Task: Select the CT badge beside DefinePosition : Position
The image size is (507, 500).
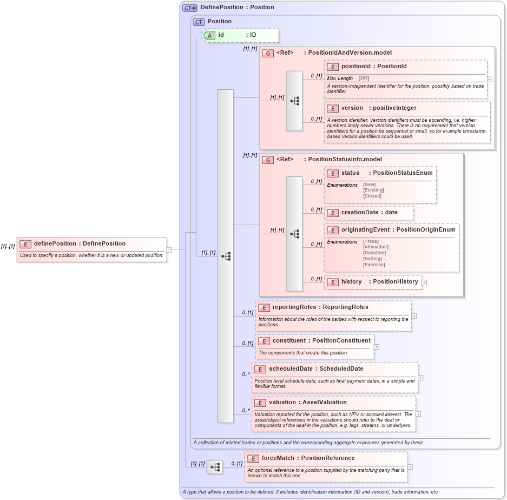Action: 189,8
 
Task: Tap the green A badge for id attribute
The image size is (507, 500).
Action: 209,35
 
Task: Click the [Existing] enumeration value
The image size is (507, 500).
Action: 373,190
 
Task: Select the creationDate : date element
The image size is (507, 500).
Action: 369,212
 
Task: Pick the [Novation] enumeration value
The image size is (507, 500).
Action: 374,253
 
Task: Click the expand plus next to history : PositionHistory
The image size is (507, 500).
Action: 424,282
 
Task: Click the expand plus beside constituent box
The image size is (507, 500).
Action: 377,347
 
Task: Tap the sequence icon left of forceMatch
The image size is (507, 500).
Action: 214,466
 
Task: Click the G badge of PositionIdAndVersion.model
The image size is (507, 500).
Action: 267,53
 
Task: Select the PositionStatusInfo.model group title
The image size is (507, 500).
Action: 344,160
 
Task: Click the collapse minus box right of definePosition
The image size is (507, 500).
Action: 169,249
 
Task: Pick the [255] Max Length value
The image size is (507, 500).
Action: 364,78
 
